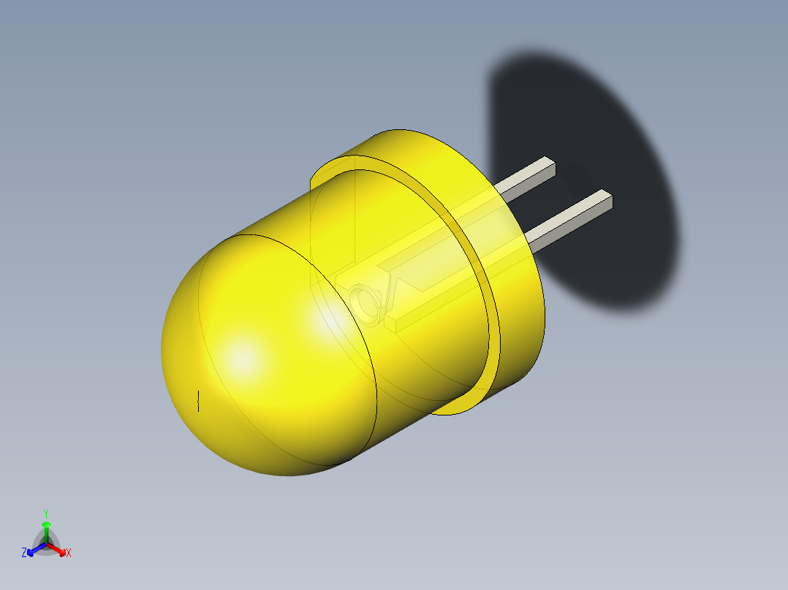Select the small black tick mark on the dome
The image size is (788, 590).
click(x=199, y=400)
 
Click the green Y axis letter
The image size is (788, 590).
click(x=45, y=513)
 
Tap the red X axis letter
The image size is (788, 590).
click(x=69, y=553)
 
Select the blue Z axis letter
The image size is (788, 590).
click(x=24, y=553)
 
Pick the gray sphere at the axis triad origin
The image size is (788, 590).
click(x=46, y=543)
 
